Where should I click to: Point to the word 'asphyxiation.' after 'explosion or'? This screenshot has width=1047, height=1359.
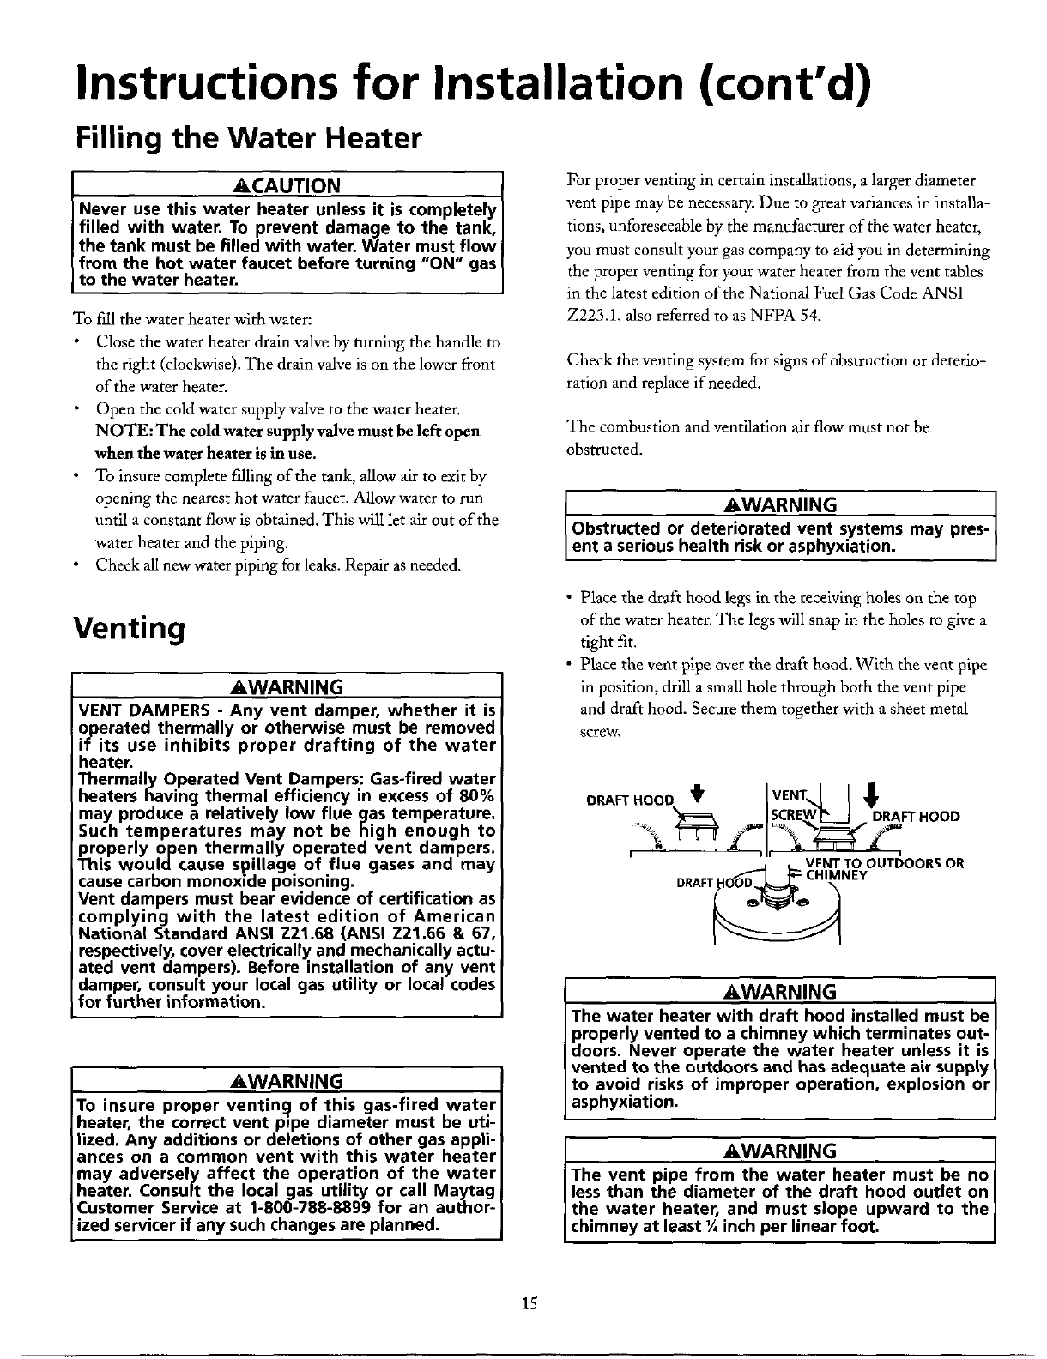pyautogui.click(x=624, y=1102)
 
